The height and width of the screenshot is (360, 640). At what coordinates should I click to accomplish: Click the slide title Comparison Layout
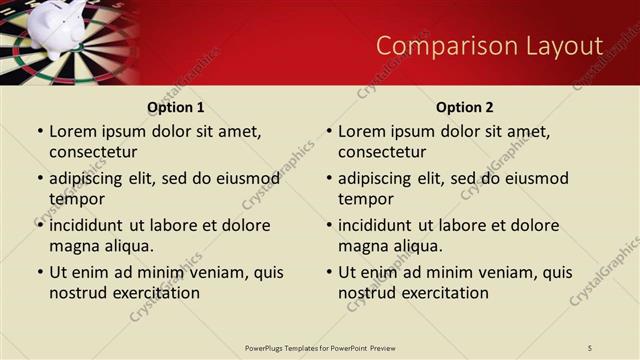489,46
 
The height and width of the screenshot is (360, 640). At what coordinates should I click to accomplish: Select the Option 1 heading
175,107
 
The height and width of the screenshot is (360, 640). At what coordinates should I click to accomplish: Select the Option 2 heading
464,107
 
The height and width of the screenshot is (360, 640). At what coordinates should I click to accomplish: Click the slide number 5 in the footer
590,347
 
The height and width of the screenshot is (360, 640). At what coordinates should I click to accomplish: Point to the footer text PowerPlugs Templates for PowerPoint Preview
320,347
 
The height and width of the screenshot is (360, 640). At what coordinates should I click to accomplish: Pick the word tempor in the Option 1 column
77,199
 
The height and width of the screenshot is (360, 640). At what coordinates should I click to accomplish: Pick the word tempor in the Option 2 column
366,199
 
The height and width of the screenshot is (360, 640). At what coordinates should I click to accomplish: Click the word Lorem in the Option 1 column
72,131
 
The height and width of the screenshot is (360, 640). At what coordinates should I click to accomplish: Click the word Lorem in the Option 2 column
361,131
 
